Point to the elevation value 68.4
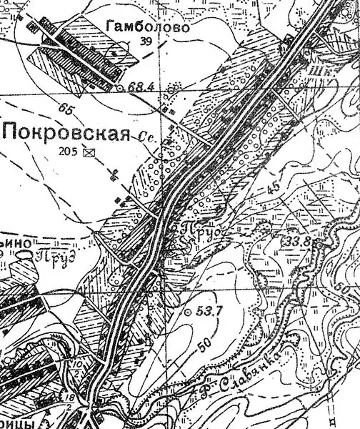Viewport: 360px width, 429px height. click(x=141, y=87)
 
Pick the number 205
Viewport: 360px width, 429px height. click(x=71, y=152)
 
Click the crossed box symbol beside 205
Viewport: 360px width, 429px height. click(x=89, y=152)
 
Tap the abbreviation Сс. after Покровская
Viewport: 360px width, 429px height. click(x=147, y=134)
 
